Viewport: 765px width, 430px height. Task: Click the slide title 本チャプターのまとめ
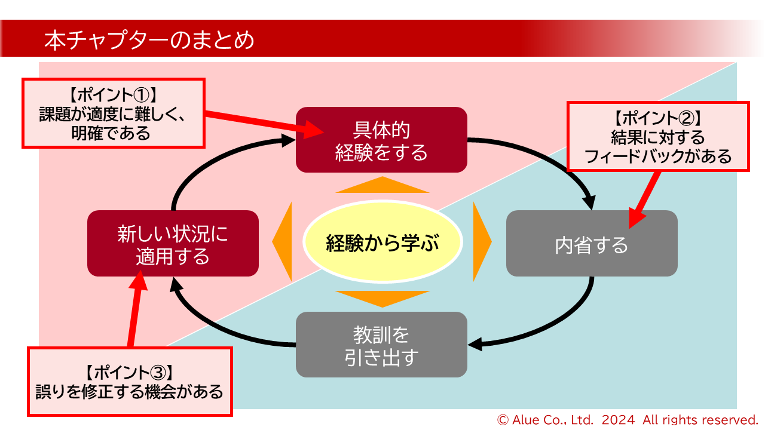pyautogui.click(x=149, y=41)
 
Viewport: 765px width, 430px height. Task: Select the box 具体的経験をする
pyautogui.click(x=381, y=140)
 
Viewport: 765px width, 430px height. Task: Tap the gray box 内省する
pyautogui.click(x=592, y=244)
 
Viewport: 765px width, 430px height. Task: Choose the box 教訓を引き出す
pyautogui.click(x=381, y=345)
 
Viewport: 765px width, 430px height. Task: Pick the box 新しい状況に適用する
pyautogui.click(x=173, y=244)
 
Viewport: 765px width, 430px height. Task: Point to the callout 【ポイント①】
pyautogui.click(x=114, y=113)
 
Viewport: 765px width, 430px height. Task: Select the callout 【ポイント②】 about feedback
pyautogui.click(x=657, y=137)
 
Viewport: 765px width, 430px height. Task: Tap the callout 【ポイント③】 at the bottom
pyautogui.click(x=130, y=382)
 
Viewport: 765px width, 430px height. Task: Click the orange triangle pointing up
pyautogui.click(x=382, y=186)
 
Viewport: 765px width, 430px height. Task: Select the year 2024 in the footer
pyautogui.click(x=619, y=419)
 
